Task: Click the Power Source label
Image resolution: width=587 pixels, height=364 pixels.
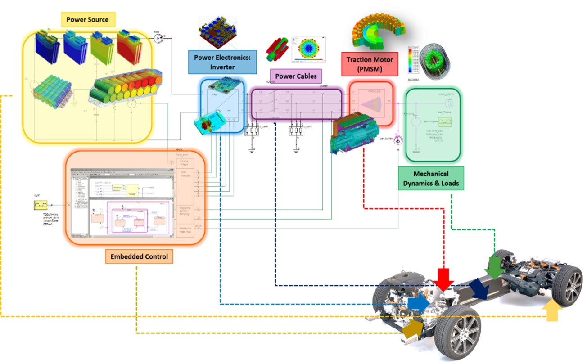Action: click(88, 20)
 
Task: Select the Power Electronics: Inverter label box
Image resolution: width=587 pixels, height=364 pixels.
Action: click(218, 62)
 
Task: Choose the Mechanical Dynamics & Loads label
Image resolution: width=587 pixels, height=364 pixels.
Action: click(431, 178)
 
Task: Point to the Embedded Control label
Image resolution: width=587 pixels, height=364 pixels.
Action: click(139, 257)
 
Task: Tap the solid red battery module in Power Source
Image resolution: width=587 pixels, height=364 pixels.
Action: click(132, 48)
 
